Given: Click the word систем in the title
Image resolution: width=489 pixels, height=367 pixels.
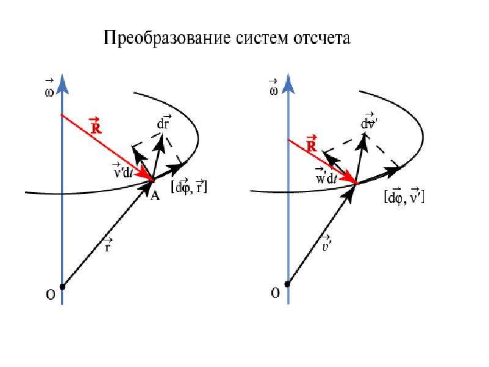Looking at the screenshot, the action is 262,39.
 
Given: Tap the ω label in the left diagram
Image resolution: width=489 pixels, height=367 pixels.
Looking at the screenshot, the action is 50,89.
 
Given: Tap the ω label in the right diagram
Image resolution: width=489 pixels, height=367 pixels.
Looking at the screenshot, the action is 273,87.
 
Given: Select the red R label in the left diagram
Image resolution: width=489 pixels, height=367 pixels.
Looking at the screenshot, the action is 95,125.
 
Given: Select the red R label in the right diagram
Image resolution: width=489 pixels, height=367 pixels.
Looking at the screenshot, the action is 311,144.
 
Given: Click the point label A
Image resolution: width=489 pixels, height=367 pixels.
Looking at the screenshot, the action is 155,196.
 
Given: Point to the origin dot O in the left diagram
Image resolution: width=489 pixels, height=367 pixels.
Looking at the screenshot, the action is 62,286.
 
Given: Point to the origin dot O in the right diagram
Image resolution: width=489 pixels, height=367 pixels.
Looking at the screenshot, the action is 287,284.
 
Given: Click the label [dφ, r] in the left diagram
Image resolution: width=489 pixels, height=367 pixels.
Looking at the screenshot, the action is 189,187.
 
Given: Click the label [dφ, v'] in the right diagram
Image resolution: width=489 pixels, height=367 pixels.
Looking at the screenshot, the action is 405,196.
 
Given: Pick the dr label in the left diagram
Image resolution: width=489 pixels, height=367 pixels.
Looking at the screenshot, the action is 163,122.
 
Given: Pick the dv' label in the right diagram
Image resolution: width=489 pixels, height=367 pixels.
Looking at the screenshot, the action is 369,121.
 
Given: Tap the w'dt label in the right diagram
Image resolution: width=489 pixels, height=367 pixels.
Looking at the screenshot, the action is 326,176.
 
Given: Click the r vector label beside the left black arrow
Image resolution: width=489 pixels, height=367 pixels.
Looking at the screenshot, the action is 108,245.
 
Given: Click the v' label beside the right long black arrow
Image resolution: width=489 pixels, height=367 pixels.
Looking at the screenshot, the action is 326,243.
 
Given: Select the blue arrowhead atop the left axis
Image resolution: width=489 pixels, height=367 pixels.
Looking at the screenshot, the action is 62,84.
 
